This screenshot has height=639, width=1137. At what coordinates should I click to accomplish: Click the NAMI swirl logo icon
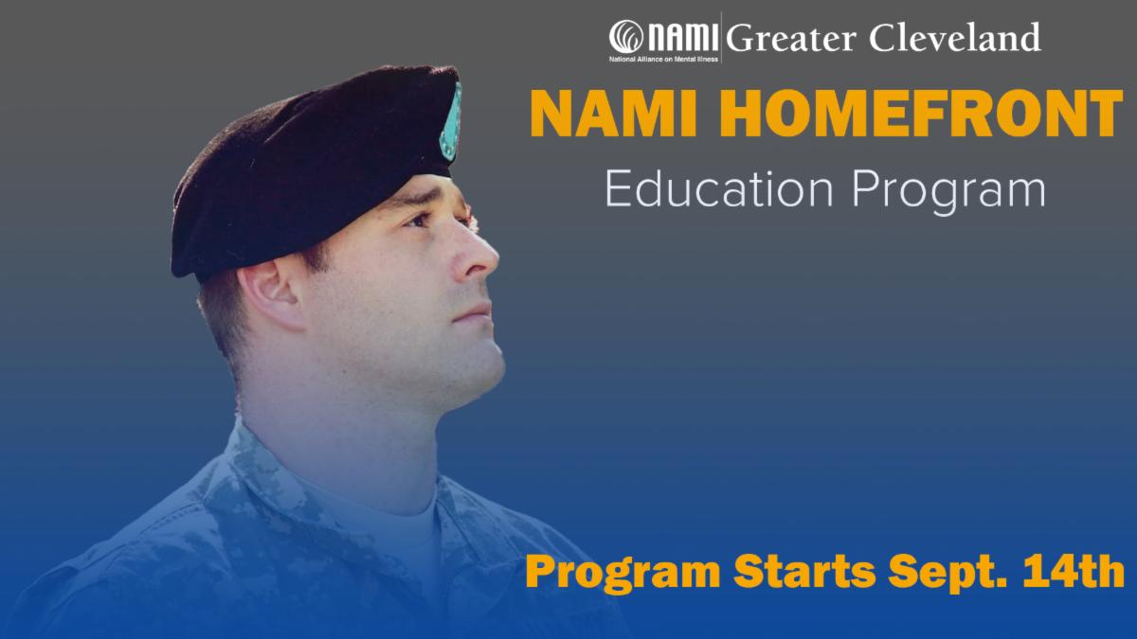[x=626, y=37]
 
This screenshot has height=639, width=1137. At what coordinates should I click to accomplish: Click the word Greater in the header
[x=791, y=39]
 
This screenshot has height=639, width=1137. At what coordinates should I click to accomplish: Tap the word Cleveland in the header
[x=955, y=37]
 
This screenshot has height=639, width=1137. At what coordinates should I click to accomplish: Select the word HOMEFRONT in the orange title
[x=921, y=114]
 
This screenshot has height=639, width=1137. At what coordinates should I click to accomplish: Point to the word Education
[x=719, y=189]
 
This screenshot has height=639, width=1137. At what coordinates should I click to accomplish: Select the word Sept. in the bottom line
[x=947, y=573]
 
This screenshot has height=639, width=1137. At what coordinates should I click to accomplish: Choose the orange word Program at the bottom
[x=623, y=574]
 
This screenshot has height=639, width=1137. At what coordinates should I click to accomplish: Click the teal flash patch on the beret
[x=451, y=122]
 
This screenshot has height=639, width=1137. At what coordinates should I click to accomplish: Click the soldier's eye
[x=419, y=220]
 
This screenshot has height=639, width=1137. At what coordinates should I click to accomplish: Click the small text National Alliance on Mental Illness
[x=663, y=60]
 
